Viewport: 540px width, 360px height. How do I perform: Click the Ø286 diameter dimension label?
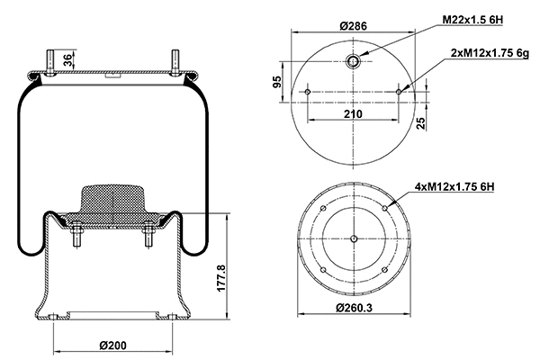pyautogui.click(x=353, y=26)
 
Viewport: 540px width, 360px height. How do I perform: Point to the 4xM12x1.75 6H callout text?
pyautogui.click(x=455, y=186)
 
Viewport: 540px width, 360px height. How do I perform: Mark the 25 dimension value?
pyautogui.click(x=420, y=121)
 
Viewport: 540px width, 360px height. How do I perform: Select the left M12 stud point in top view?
pyautogui.click(x=308, y=92)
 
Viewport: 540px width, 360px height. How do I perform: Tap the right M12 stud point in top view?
pyautogui.click(x=399, y=92)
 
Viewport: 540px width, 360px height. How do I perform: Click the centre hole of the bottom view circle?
pyautogui.click(x=354, y=238)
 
